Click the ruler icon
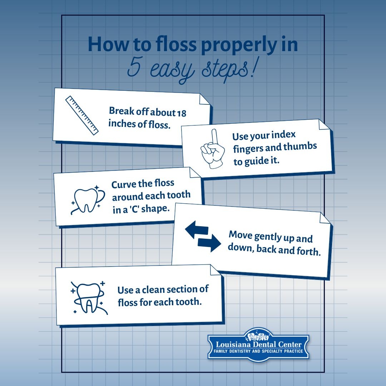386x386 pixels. (x=82, y=115)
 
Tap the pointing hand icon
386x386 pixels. (x=213, y=149)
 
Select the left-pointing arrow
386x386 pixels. (x=197, y=229)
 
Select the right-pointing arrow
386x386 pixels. (x=209, y=243)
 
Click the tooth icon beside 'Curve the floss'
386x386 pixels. (x=88, y=199)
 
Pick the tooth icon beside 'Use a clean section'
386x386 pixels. (x=89, y=297)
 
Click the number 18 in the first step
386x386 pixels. (x=182, y=113)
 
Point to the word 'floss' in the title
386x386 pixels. (x=176, y=44)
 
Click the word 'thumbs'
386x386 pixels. (x=300, y=147)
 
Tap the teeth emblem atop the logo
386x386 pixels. (x=258, y=335)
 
